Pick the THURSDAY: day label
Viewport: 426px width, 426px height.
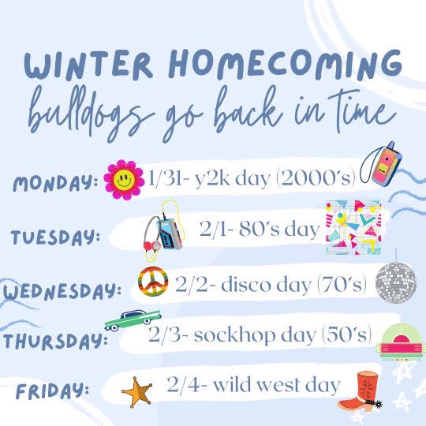click(x=54, y=341)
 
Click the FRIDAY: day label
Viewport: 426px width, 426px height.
click(x=52, y=390)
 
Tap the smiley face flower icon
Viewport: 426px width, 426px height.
click(x=122, y=180)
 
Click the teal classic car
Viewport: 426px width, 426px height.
click(x=137, y=319)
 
